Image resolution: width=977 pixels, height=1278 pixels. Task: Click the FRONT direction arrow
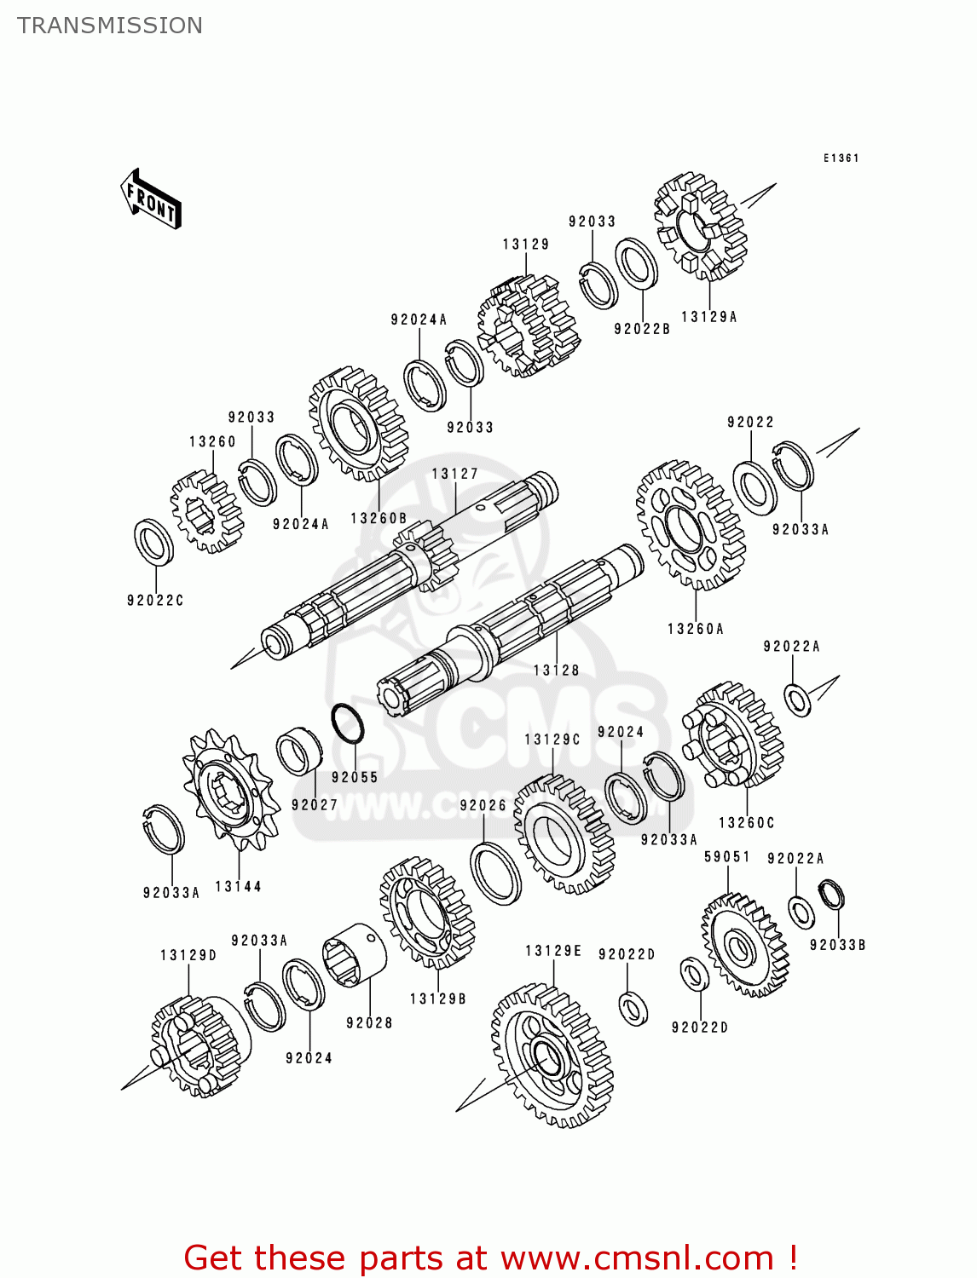[x=151, y=199]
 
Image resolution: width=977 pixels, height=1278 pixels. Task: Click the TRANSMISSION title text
[x=110, y=26]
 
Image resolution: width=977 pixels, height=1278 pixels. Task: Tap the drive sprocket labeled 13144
[x=230, y=791]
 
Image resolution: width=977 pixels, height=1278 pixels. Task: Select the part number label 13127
[x=454, y=475]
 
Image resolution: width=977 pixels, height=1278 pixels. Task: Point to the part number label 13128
[x=556, y=671]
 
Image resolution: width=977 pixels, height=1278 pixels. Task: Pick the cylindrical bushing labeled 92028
[x=354, y=956]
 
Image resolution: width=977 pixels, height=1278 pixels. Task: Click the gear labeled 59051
[x=743, y=944]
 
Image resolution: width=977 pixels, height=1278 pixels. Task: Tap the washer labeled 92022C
[x=153, y=542]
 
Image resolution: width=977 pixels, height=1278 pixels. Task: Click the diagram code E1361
[x=841, y=158]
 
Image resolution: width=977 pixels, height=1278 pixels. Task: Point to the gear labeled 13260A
[x=691, y=527]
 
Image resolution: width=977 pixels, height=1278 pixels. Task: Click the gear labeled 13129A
[x=701, y=227]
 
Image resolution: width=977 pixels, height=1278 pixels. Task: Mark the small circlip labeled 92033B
[x=831, y=895]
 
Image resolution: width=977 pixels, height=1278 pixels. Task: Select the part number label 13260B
[x=379, y=518]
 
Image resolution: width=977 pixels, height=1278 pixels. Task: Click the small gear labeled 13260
[x=205, y=512]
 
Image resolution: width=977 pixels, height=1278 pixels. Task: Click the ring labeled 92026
[x=495, y=873]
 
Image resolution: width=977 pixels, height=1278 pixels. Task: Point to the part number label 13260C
[x=746, y=823]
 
